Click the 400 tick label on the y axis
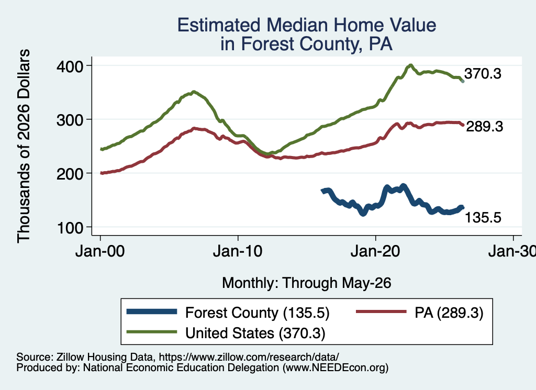tap(70, 66)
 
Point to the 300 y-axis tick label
tap(70, 120)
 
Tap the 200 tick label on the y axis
tap(70, 174)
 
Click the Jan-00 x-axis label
tap(100, 251)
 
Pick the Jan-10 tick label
tap(238, 251)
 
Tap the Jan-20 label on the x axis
tap(375, 251)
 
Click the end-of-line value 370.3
tap(483, 74)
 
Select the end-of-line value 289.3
tap(485, 127)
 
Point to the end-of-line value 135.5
tap(483, 218)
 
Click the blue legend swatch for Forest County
tap(152, 311)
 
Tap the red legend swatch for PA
tap(381, 311)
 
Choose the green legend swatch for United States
tap(152, 332)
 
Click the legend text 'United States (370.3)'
tap(255, 333)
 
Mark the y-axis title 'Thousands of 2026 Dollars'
tap(24, 146)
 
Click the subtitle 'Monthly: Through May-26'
tap(307, 283)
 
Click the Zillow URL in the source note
tap(249, 357)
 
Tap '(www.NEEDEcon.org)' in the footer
tap(336, 368)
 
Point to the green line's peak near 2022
tap(410, 65)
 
